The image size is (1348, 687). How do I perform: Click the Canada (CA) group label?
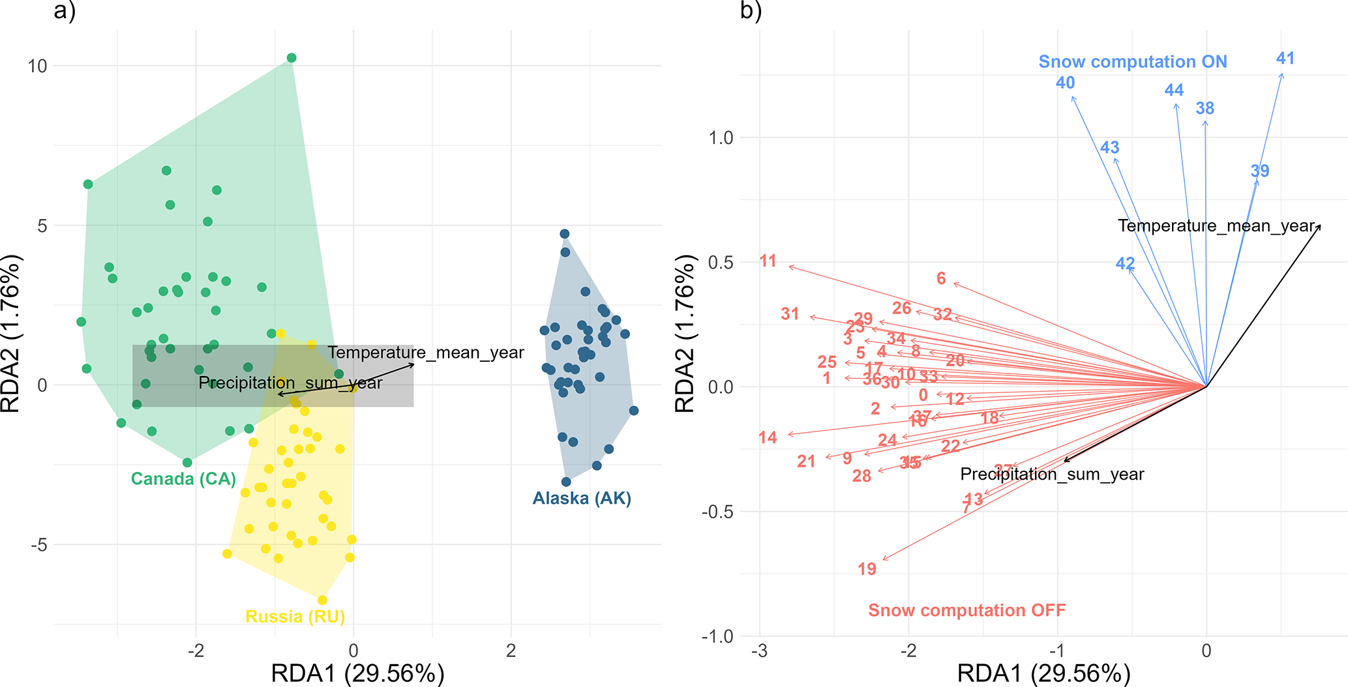(x=183, y=479)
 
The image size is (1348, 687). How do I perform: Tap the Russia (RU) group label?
(x=295, y=617)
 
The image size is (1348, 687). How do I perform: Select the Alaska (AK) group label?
(x=582, y=499)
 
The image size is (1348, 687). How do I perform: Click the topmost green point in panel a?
(x=292, y=58)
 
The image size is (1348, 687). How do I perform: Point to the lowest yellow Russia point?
(x=322, y=600)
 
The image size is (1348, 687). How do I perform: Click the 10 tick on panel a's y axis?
(x=37, y=66)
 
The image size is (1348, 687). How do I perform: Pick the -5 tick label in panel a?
(x=39, y=545)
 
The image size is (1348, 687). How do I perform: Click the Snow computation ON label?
(x=1133, y=62)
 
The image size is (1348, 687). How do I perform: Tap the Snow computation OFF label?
(x=966, y=611)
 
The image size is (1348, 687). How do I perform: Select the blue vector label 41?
(x=1285, y=59)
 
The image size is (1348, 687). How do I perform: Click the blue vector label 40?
(x=1065, y=83)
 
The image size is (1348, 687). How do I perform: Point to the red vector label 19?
(x=867, y=569)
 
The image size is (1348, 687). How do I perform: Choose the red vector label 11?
(x=768, y=261)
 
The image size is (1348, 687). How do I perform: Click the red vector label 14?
(x=768, y=438)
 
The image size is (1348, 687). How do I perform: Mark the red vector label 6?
(x=940, y=279)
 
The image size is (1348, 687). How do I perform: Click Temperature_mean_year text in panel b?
(x=1216, y=226)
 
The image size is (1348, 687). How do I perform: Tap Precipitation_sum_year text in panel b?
(x=1052, y=475)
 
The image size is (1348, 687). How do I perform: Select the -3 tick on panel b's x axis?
(x=759, y=650)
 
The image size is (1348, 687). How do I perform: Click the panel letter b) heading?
(x=751, y=11)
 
